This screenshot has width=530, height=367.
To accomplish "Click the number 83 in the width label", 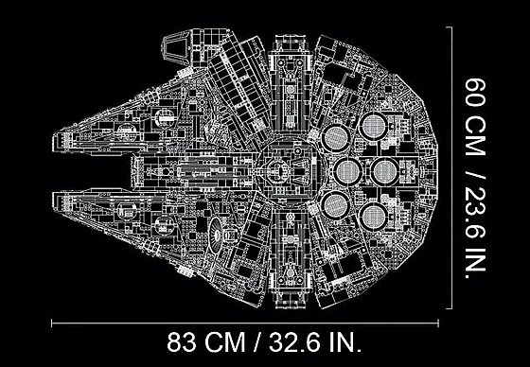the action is [x=181, y=342].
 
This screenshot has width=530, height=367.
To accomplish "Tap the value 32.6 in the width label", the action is [x=294, y=342].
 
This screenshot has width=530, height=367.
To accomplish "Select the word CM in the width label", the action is [x=225, y=342].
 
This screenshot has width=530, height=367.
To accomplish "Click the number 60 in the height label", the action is [x=475, y=93].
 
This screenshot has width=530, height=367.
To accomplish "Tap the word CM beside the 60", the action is [x=475, y=136].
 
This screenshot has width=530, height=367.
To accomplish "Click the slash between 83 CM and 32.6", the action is [x=257, y=342].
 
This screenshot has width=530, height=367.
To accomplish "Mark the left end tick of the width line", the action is [x=52, y=323].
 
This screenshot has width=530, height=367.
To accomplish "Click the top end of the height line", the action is [x=451, y=27].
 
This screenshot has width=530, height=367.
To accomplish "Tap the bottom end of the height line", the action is [x=451, y=308].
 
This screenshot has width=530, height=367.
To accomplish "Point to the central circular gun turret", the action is [x=290, y=171].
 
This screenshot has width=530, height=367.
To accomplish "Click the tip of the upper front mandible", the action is [x=53, y=143].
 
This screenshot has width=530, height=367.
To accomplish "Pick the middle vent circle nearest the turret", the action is [x=347, y=171].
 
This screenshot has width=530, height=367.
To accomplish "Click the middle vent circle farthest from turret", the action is [x=385, y=171].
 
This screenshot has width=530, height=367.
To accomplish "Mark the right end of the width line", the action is [x=438, y=323].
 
